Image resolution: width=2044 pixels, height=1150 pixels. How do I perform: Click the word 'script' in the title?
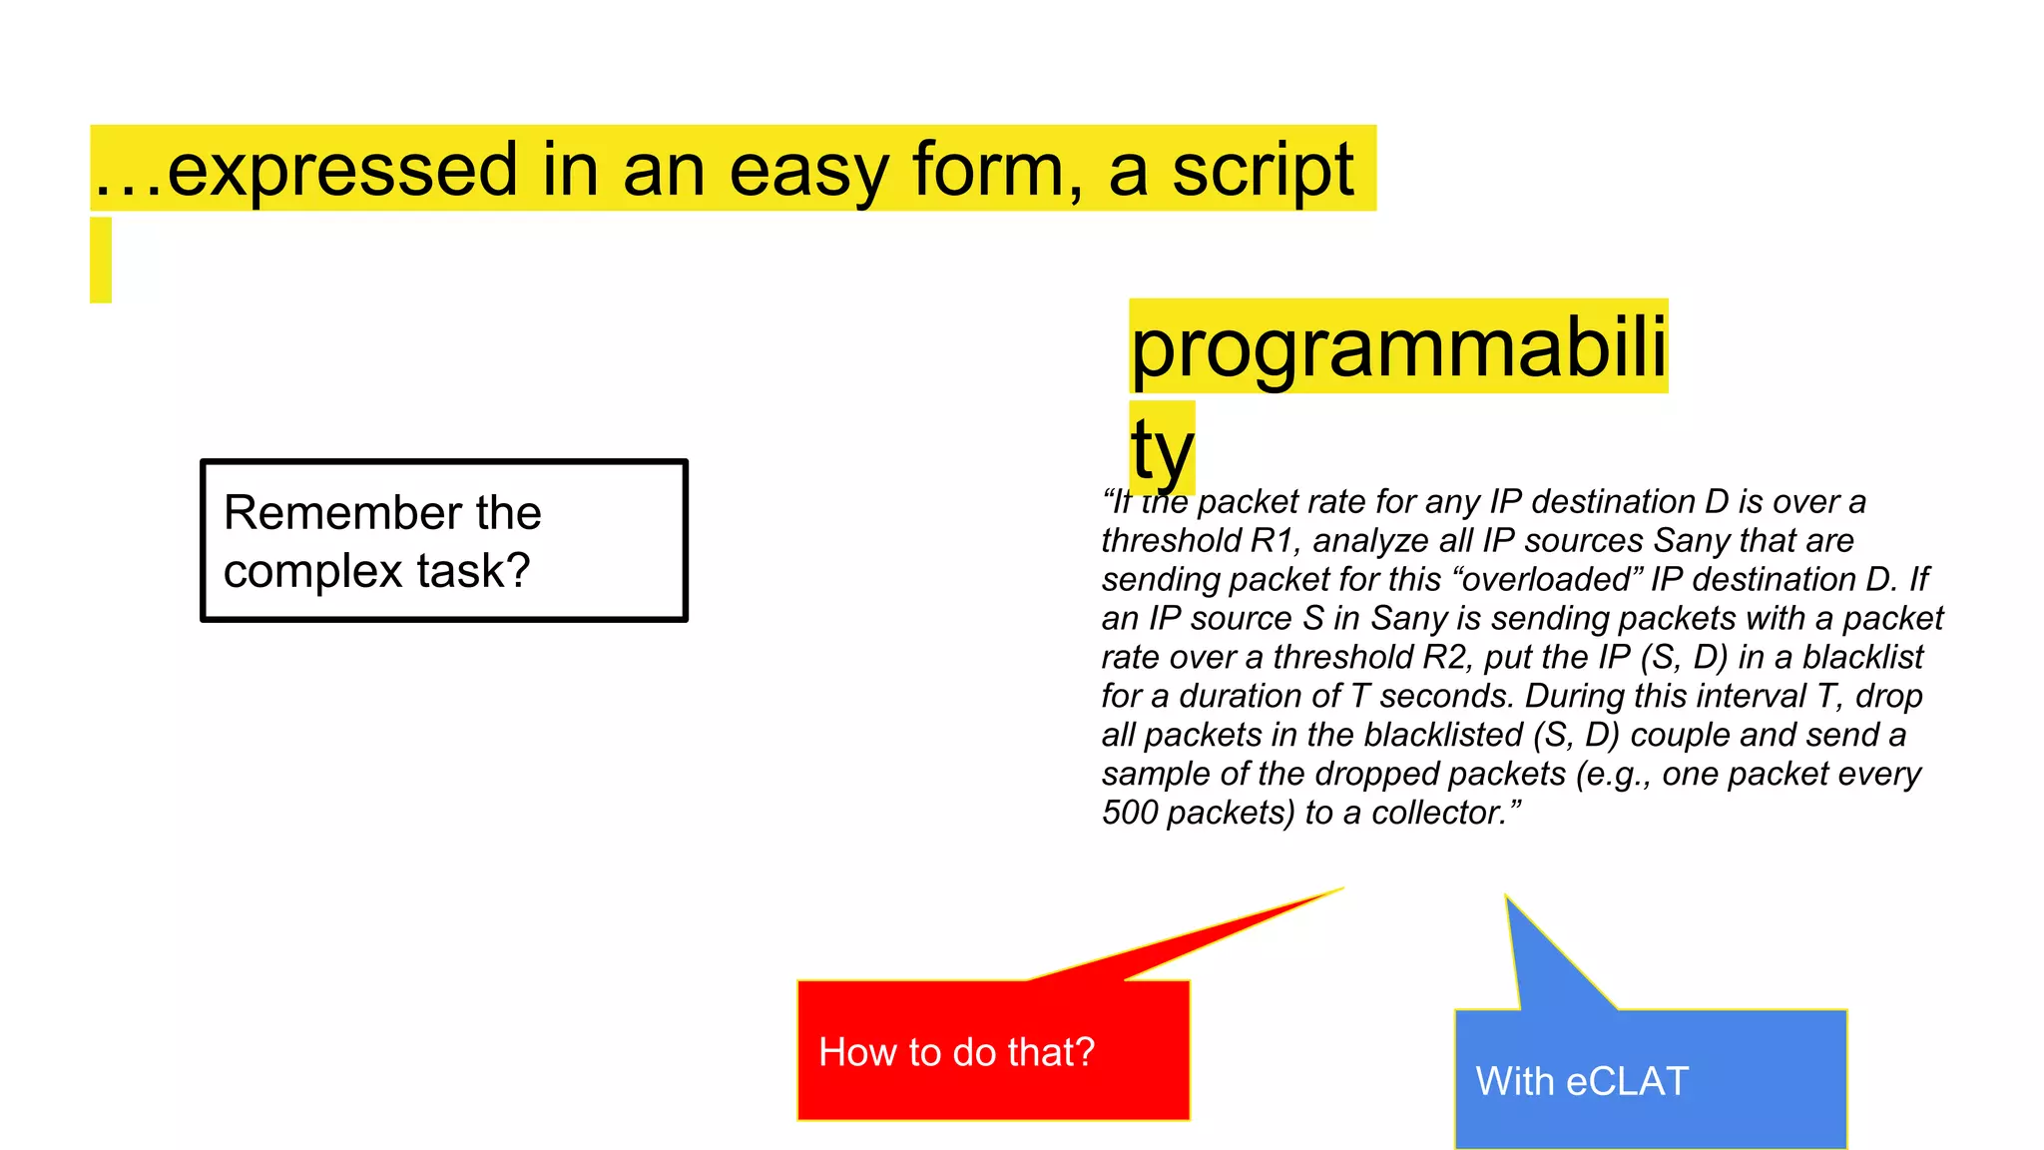point(1262,171)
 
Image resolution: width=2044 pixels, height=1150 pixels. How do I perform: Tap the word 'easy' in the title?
point(807,171)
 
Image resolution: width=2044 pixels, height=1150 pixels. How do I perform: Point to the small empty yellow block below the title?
point(101,260)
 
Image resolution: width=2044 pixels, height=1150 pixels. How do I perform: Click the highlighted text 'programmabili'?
point(1397,347)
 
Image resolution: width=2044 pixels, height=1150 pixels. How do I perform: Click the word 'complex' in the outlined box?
point(313,571)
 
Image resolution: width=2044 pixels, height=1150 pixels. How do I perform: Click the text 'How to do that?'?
point(956,1052)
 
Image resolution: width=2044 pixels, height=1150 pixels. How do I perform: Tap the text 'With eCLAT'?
point(1581,1081)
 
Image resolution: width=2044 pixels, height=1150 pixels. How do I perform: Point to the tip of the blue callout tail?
point(1507,897)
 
